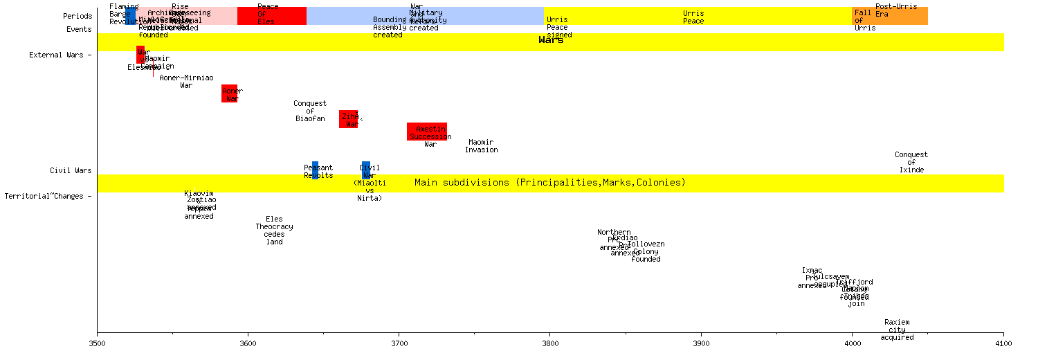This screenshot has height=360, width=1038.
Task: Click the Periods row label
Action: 78,16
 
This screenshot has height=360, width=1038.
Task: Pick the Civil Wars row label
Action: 71,170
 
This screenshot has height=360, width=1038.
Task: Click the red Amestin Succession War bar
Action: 427,132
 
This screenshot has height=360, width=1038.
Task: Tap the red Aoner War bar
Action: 229,93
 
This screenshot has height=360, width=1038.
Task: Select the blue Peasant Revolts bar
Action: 315,170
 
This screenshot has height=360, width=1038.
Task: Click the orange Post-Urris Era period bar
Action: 890,16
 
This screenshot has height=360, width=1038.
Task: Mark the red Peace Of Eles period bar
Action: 271,16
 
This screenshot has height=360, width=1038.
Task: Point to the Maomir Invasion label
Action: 481,146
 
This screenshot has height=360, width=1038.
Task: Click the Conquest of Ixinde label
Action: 911,162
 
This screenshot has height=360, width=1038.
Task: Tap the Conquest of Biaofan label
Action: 310,111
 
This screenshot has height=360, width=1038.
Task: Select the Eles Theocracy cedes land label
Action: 275,231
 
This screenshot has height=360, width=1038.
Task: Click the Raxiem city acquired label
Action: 897,330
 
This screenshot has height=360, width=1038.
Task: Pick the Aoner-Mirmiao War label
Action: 186,82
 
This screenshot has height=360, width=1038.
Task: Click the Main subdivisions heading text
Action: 550,183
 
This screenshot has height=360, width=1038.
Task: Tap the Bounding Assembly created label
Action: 390,27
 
